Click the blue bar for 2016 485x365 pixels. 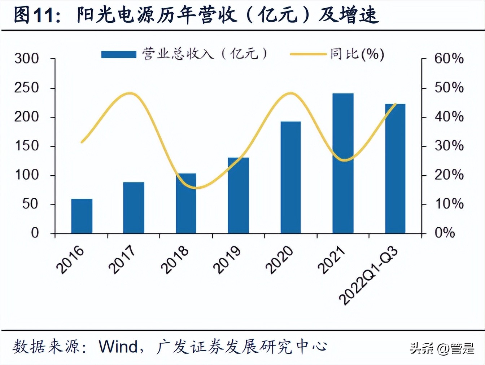click(82, 216)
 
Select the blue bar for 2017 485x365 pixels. click(134, 208)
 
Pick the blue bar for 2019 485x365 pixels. click(238, 195)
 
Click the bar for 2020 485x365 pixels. click(290, 177)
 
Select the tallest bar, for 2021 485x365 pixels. click(343, 163)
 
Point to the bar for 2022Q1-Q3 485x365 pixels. click(395, 169)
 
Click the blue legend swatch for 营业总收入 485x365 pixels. click(118, 54)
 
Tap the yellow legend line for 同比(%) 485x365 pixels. click(308, 54)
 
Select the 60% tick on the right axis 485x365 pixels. click(449, 58)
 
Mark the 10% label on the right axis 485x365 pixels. click(449, 204)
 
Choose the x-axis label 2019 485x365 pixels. click(227, 260)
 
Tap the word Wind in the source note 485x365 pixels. click(118, 347)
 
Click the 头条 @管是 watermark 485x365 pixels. click(442, 348)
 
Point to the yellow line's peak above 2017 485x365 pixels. click(131, 93)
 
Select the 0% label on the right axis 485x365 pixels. click(445, 233)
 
